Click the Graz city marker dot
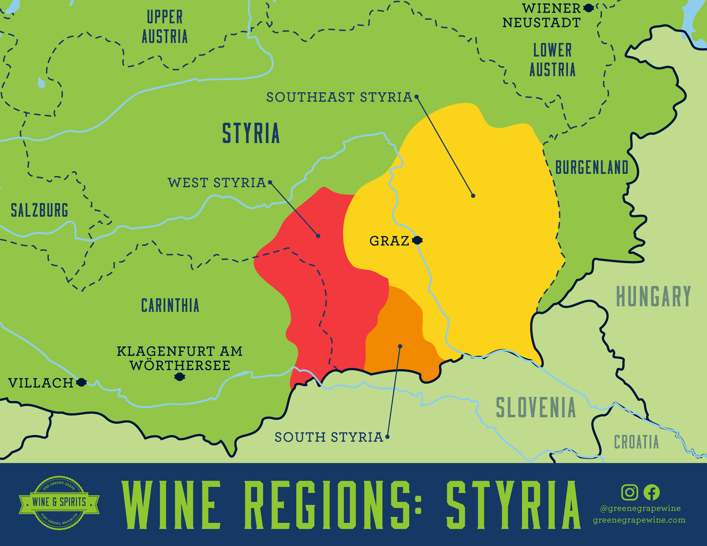tap(418, 240)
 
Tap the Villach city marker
tap(82, 382)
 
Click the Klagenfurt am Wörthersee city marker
tap(179, 376)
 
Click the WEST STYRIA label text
tap(217, 183)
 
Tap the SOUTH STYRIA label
tap(329, 437)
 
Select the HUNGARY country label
tap(653, 296)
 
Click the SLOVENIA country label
tap(536, 407)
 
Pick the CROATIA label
tap(636, 442)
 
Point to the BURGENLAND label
tap(592, 168)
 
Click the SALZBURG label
tap(39, 210)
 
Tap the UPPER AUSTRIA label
tap(165, 27)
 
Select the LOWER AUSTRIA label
tap(553, 60)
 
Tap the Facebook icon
tap(651, 492)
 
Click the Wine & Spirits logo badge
tap(59, 502)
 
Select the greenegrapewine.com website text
tap(639, 520)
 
